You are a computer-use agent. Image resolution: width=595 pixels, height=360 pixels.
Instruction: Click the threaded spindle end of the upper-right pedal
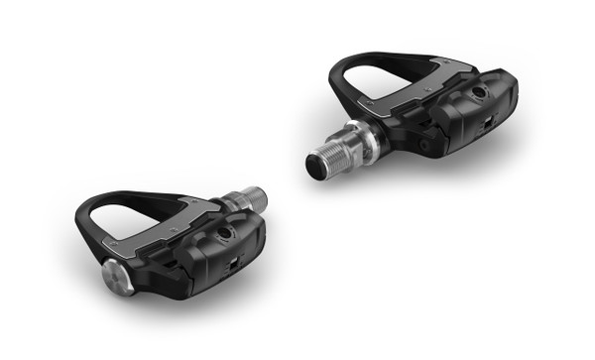click(x=327, y=160)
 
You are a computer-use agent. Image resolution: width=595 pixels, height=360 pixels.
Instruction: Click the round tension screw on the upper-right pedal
click(x=481, y=92)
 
